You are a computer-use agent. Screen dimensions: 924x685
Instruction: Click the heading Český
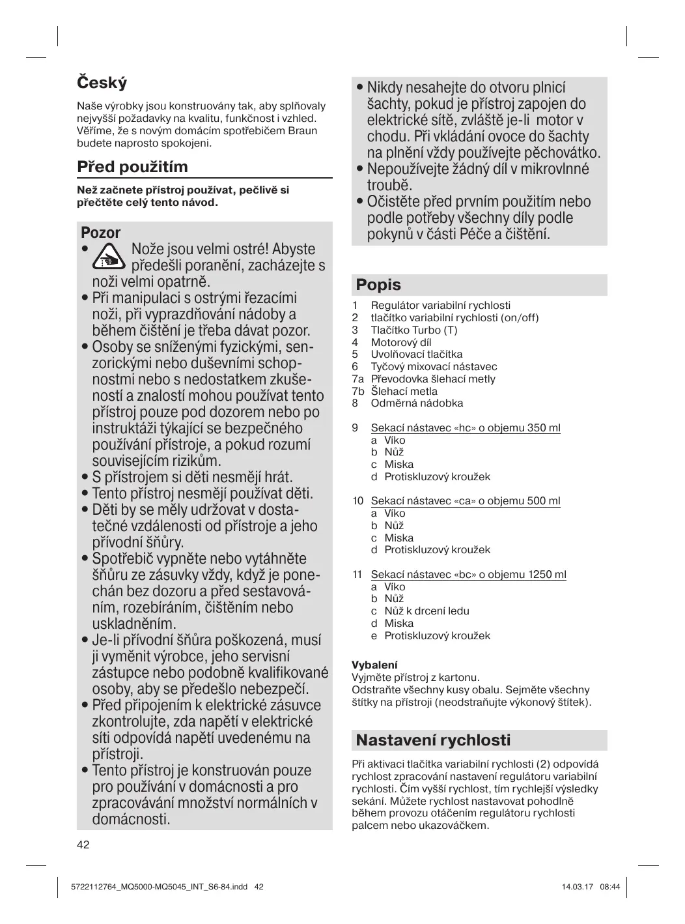[102, 83]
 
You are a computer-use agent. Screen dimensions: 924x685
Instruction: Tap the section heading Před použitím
[132, 167]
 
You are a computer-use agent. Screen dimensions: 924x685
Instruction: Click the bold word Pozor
[101, 233]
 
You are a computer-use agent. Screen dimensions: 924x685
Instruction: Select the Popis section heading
[378, 285]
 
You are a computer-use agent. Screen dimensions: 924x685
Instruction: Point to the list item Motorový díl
[400, 342]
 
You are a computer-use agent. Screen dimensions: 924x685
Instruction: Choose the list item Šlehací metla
[404, 391]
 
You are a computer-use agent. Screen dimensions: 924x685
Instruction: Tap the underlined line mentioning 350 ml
[465, 428]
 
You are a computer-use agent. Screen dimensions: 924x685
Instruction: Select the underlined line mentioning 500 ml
[465, 501]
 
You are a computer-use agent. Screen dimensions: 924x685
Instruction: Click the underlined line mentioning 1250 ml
[468, 575]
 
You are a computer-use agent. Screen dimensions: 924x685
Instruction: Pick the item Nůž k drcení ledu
[426, 611]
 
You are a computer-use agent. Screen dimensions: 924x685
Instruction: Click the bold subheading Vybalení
[374, 665]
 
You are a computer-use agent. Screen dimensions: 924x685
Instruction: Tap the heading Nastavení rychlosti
[433, 740]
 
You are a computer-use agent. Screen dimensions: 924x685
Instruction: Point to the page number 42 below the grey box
[83, 845]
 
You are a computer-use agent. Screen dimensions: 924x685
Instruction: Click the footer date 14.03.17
[573, 887]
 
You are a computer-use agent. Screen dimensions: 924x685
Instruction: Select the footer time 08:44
[609, 887]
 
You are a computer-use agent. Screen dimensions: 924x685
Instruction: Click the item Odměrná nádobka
[417, 403]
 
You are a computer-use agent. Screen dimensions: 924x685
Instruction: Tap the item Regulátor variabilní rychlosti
[440, 306]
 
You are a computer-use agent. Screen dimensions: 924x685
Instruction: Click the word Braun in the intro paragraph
[303, 130]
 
